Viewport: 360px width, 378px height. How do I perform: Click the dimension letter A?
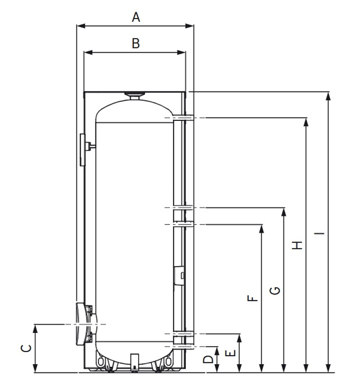[136, 18]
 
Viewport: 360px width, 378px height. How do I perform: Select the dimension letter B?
[136, 44]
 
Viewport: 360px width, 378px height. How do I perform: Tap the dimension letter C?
[26, 348]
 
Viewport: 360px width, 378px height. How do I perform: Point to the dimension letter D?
[208, 359]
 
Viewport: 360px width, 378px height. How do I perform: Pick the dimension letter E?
[230, 354]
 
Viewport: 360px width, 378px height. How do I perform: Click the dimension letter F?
[252, 298]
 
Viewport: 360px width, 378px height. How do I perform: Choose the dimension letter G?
[275, 290]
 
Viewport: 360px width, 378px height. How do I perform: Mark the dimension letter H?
[297, 245]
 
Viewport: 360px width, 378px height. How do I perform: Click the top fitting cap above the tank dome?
[135, 95]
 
